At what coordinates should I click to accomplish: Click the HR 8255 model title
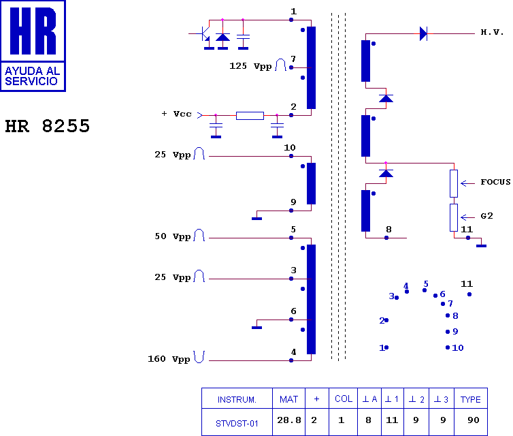[x=48, y=126]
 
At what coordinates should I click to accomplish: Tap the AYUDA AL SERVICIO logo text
[x=33, y=76]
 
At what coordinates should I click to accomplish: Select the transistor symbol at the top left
[x=203, y=34]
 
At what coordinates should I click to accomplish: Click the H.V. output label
[x=492, y=32]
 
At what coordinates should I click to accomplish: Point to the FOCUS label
[x=495, y=182]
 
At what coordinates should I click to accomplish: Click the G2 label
[x=487, y=216]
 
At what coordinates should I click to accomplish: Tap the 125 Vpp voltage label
[x=250, y=66]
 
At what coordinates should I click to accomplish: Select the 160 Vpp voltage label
[x=169, y=359]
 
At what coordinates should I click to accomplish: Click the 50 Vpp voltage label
[x=173, y=236]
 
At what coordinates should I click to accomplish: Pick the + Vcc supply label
[x=176, y=114]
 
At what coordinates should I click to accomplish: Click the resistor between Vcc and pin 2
[x=250, y=116]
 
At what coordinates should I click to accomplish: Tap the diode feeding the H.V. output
[x=423, y=33]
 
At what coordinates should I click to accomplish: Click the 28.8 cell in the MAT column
[x=289, y=420]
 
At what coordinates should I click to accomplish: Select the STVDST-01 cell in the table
[x=237, y=424]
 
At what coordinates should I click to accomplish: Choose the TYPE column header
[x=470, y=399]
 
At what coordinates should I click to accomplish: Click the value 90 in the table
[x=473, y=420]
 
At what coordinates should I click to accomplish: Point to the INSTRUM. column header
[x=237, y=400]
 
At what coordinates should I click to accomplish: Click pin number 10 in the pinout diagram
[x=458, y=347]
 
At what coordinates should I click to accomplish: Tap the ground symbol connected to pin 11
[x=481, y=246]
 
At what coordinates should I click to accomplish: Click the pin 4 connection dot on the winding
[x=291, y=360]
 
